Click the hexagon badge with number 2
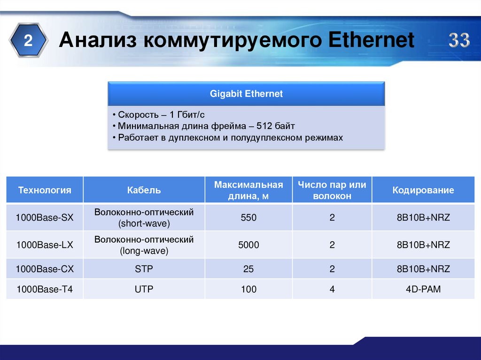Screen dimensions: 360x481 [x=29, y=41]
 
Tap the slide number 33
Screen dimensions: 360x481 [x=458, y=41]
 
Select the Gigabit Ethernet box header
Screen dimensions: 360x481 [x=246, y=94]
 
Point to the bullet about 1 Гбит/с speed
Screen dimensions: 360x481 [x=162, y=115]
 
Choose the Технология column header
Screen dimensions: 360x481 [x=45, y=190]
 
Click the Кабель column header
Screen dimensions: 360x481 [x=144, y=190]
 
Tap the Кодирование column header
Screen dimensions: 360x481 [x=423, y=190]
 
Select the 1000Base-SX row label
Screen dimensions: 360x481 [x=45, y=217]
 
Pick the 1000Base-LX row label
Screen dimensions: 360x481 [x=45, y=245]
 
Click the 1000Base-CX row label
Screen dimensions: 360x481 [x=45, y=269]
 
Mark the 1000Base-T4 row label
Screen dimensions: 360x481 [x=45, y=289]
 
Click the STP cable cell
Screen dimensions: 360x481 [x=144, y=269]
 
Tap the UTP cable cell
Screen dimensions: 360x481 [x=144, y=289]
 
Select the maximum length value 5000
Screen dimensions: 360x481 [x=248, y=245]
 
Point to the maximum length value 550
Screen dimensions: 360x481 [x=248, y=217]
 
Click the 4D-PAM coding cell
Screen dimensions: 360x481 [x=423, y=289]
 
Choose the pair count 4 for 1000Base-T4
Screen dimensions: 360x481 [x=332, y=289]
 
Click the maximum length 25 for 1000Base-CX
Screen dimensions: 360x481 [x=248, y=269]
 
